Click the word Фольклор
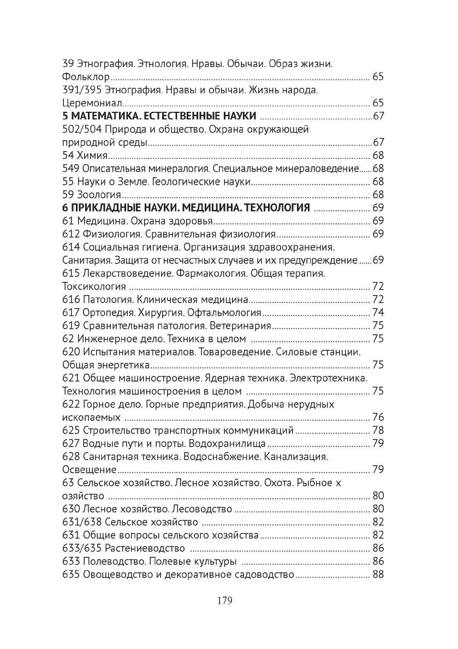87,77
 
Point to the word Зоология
99,195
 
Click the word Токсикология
94,286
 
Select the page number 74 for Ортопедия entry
378,313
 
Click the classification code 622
72,404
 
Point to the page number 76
378,417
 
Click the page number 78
378,430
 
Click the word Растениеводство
136,548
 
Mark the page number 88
378,574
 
